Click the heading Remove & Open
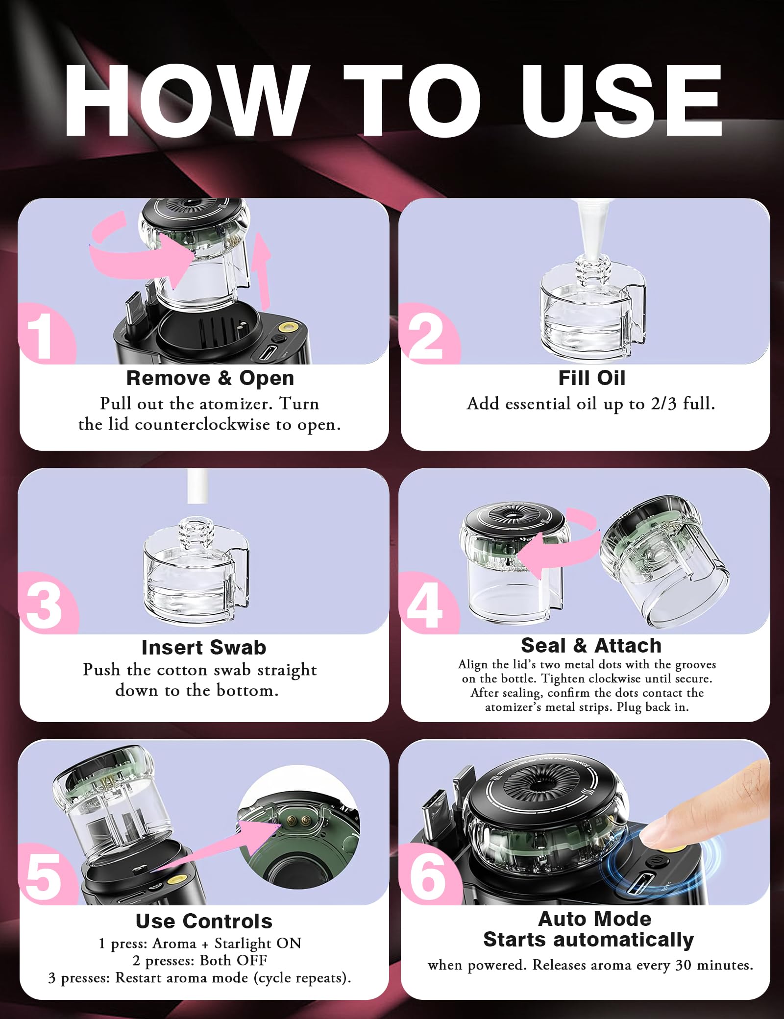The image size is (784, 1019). coord(210,378)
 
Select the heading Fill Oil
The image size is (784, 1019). coord(592,378)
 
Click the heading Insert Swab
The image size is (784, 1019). coord(204,648)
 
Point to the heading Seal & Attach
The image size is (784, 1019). coord(591,646)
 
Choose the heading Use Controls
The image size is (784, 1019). coord(204,922)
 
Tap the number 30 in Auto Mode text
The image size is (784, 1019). coord(684,965)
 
